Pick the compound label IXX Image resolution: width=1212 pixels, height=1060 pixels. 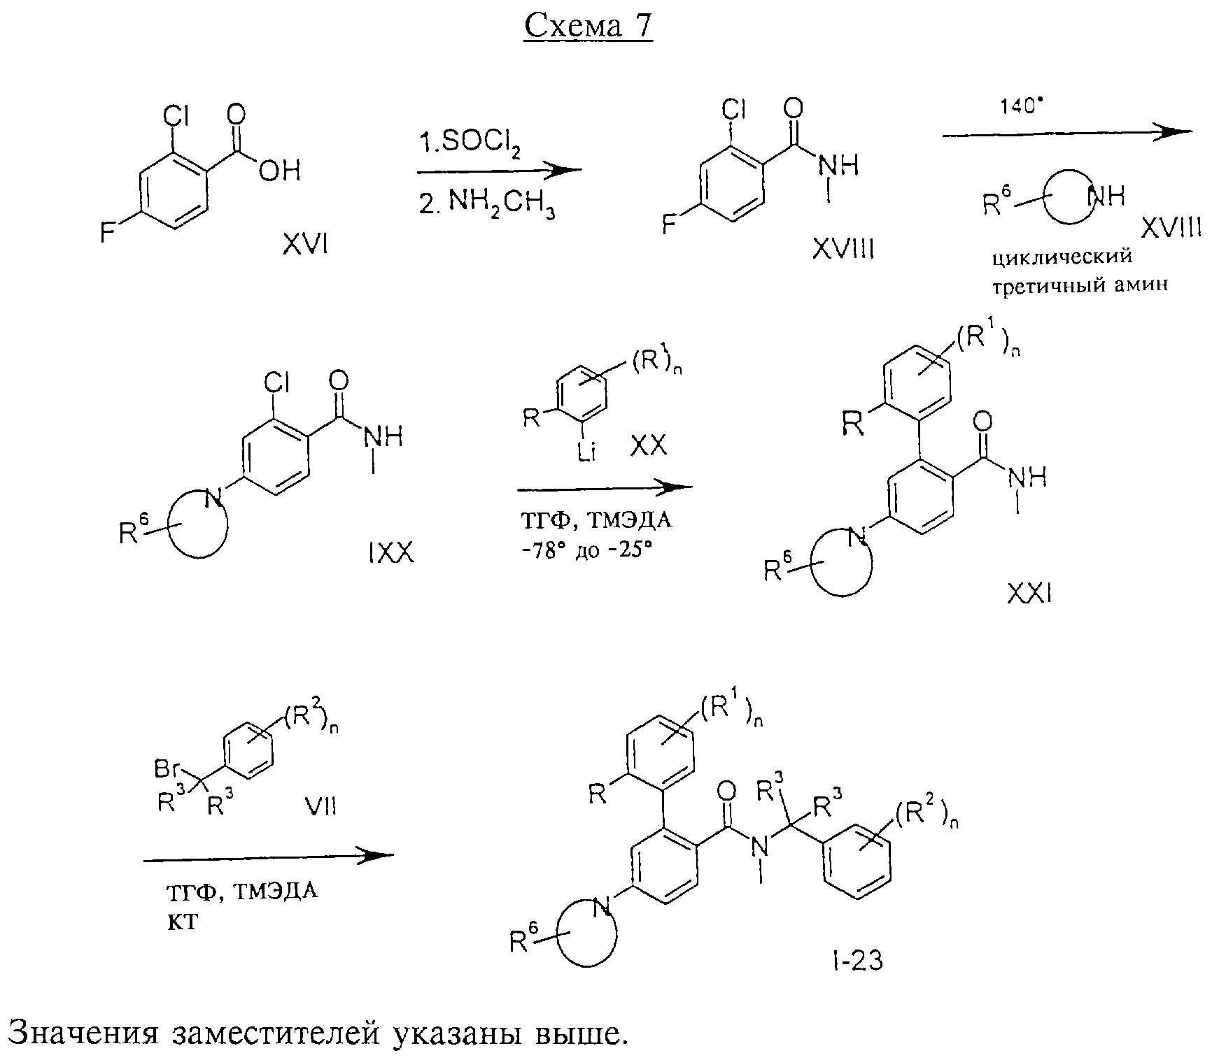tap(390, 554)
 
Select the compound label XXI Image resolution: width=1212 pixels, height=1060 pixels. tap(1029, 595)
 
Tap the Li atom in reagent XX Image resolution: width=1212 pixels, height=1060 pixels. tap(586, 454)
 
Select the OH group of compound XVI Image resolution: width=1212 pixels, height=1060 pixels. tap(279, 171)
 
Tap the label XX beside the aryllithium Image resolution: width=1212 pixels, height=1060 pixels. tap(649, 445)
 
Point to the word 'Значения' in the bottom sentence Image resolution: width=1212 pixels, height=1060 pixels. tap(84, 1034)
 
